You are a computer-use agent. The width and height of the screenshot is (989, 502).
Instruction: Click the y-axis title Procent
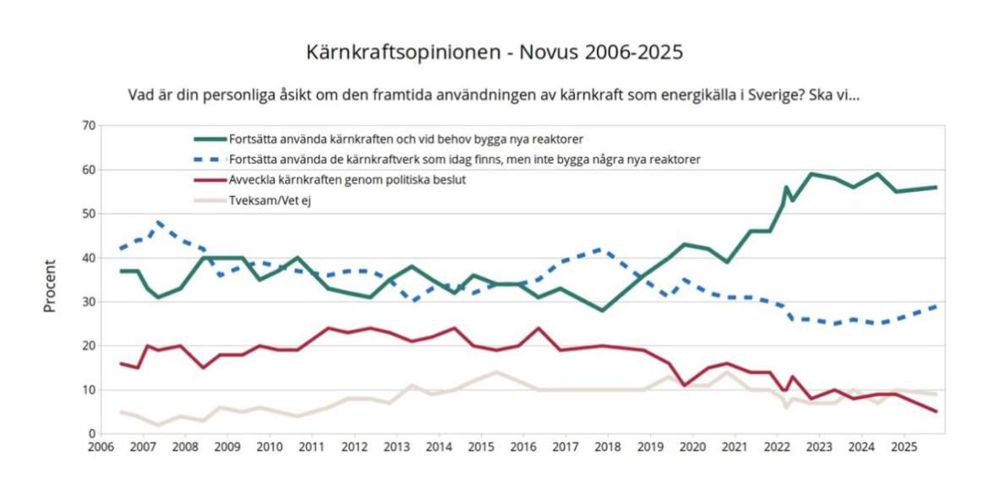(50, 286)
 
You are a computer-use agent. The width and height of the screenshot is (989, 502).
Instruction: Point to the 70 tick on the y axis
(89, 126)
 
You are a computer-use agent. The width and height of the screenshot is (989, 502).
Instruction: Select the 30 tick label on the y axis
(89, 302)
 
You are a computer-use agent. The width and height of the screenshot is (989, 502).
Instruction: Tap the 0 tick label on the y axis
(91, 434)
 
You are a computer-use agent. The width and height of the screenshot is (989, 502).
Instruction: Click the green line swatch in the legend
(209, 138)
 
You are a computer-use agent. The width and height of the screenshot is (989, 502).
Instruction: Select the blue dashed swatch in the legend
(209, 159)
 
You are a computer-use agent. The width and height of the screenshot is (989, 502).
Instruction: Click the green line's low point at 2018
(602, 310)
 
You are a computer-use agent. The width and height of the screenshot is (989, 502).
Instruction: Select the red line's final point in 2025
(937, 412)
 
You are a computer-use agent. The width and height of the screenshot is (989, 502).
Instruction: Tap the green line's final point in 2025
(937, 187)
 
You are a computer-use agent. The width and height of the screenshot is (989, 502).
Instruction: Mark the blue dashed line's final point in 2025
(937, 306)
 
